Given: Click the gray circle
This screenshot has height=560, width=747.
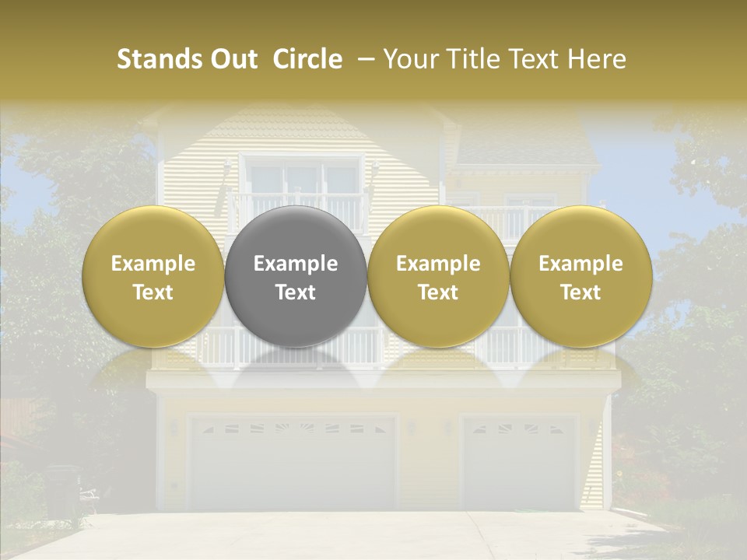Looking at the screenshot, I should click(296, 276).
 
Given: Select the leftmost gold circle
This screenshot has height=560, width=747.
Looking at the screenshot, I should click(153, 276).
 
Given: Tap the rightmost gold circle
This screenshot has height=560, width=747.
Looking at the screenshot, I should click(580, 276).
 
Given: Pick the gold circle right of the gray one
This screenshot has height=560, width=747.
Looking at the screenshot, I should click(438, 276).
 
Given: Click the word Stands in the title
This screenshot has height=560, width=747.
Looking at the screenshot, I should click(160, 59).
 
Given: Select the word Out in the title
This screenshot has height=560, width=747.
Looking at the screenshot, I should click(234, 59).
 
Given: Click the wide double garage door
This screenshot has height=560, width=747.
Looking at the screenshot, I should click(293, 463).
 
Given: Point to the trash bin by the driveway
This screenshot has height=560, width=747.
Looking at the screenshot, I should click(62, 490).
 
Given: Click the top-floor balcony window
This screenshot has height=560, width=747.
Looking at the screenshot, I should click(302, 179).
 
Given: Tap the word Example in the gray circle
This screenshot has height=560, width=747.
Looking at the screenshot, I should click(296, 264).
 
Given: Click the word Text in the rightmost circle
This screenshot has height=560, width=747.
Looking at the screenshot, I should click(580, 292).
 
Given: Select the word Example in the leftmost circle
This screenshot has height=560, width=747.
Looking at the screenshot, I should click(153, 264).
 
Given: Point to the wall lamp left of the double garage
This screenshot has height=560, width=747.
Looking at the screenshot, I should click(174, 427).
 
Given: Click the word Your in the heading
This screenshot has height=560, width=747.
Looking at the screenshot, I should click(409, 59).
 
